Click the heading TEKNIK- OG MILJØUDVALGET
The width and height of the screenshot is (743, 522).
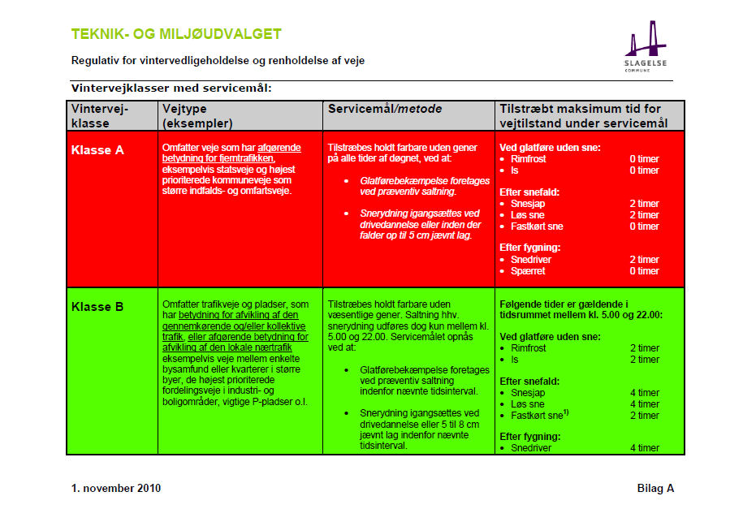pyautogui.click(x=176, y=34)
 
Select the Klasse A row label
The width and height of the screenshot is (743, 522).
pyautogui.click(x=97, y=150)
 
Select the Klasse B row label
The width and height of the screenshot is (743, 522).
pyautogui.click(x=97, y=307)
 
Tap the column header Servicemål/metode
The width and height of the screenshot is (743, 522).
pyautogui.click(x=378, y=109)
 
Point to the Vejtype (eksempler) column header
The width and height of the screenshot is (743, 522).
pyautogui.click(x=197, y=116)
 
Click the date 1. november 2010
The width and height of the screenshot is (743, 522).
pyautogui.click(x=116, y=488)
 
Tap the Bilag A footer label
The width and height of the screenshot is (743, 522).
pyautogui.click(x=655, y=488)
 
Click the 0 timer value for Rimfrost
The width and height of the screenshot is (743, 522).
pyautogui.click(x=644, y=159)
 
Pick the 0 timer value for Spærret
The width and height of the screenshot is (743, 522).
pyautogui.click(x=644, y=271)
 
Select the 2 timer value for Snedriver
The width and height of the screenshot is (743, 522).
pyautogui.click(x=644, y=260)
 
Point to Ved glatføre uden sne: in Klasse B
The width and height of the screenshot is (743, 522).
pyautogui.click(x=550, y=336)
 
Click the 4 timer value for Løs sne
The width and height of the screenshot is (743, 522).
pyautogui.click(x=644, y=404)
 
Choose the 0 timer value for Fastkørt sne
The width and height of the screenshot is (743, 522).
pyautogui.click(x=644, y=226)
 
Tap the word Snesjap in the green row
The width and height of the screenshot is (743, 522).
pyautogui.click(x=529, y=393)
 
